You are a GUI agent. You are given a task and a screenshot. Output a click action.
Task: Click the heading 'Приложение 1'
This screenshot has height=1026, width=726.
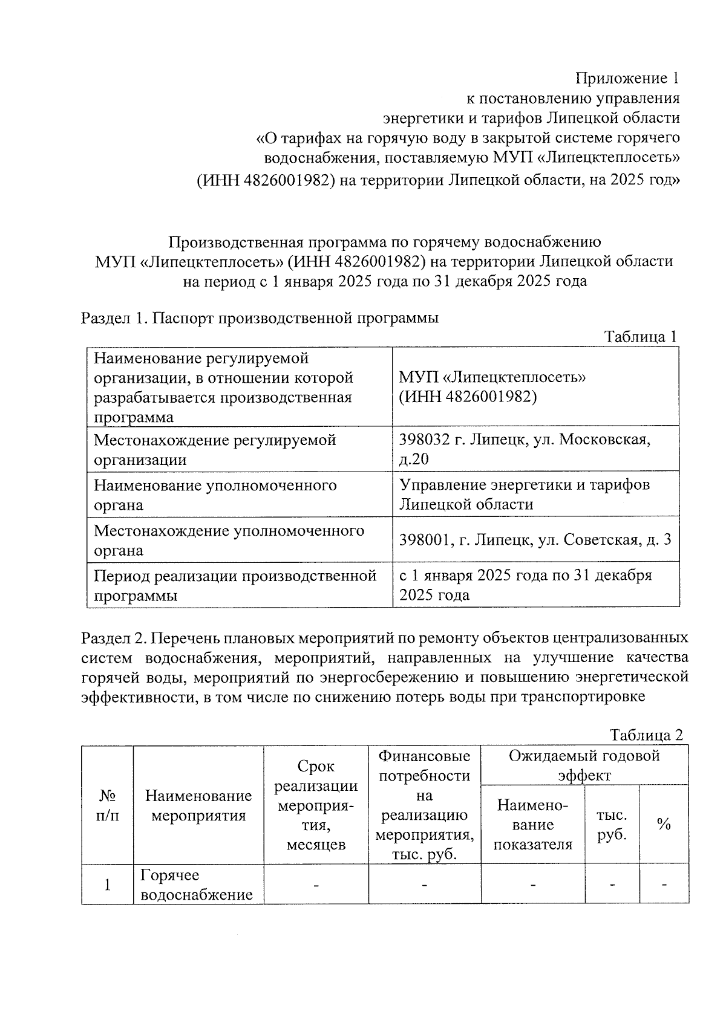point(627,78)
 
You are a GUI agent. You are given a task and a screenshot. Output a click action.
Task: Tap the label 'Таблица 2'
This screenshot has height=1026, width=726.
point(646,735)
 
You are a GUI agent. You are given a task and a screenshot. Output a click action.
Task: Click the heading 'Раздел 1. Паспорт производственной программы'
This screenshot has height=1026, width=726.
point(260,318)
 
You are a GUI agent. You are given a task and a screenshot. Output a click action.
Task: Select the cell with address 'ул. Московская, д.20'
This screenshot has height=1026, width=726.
point(525,449)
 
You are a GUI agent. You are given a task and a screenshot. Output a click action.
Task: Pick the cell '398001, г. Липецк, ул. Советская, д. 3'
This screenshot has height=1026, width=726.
point(535,540)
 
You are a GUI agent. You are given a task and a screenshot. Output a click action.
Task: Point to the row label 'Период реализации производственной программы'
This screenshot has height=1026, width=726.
point(235,585)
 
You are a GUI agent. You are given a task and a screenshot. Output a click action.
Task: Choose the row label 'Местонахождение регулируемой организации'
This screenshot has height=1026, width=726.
point(215,449)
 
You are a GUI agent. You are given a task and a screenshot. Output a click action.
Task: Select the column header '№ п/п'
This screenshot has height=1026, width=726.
point(107,805)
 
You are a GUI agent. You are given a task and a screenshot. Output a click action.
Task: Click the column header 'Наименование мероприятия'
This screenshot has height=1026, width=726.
point(198,805)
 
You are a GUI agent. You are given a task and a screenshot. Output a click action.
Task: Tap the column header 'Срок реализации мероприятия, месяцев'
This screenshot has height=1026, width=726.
point(316,805)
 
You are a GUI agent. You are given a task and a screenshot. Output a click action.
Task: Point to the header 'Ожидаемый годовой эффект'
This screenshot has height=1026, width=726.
point(584,765)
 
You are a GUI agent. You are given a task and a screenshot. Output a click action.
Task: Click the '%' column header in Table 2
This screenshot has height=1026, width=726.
point(664,824)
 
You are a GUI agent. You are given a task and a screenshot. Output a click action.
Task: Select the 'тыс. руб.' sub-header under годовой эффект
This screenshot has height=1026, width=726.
point(612,825)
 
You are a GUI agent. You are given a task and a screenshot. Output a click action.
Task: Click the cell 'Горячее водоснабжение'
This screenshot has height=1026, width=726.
point(196,885)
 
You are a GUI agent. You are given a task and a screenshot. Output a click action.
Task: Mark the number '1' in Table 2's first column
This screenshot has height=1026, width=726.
point(107,885)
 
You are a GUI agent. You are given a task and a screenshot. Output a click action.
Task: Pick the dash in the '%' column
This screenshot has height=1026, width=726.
point(664,885)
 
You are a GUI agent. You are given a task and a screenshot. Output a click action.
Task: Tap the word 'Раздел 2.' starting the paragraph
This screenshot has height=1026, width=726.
point(113,638)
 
